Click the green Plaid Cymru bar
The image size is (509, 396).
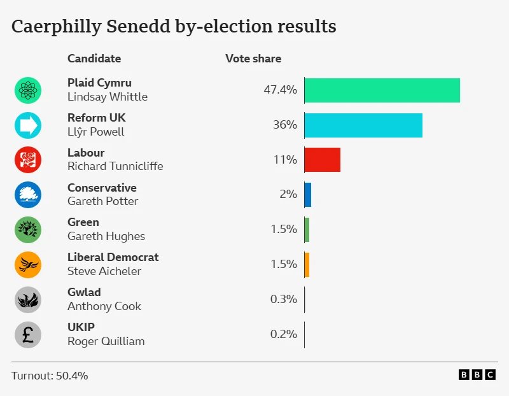click(382, 90)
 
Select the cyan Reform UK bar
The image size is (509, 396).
click(363, 125)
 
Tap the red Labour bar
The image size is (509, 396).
click(322, 160)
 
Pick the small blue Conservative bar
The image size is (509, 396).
click(308, 195)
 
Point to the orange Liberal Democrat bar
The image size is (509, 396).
click(307, 264)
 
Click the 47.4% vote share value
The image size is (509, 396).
click(280, 90)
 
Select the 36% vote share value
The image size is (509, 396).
click(285, 125)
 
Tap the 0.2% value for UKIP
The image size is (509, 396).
click(284, 334)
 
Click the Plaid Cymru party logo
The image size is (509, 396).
click(28, 90)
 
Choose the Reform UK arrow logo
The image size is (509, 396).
click(28, 125)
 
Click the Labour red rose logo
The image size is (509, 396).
click(28, 160)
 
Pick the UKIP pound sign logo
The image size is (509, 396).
click(28, 334)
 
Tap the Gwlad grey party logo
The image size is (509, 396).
click(28, 299)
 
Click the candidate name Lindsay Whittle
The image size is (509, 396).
click(107, 97)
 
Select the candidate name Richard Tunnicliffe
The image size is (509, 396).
click(115, 167)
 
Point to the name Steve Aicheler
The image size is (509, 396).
click(104, 271)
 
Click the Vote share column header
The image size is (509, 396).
click(253, 59)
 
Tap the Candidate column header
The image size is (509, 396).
click(94, 59)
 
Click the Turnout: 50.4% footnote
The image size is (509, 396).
click(50, 376)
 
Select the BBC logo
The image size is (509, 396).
click(477, 375)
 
